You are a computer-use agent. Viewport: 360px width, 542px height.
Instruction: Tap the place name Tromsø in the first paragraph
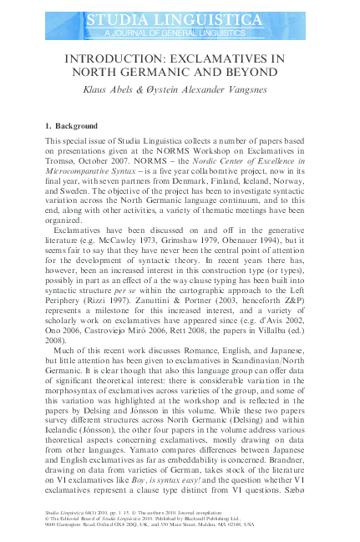click(61, 160)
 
